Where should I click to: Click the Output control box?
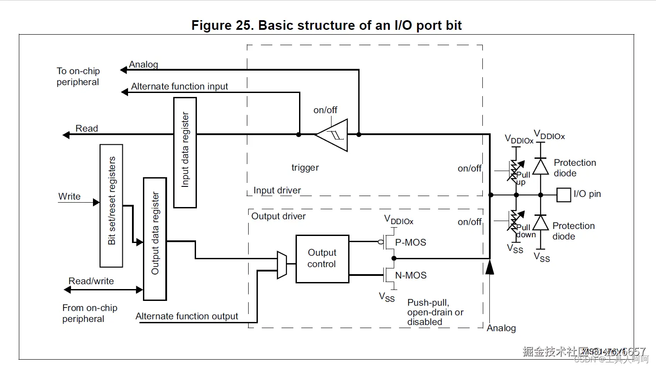click(322, 259)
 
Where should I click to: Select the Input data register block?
click(185, 152)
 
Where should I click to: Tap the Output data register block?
click(155, 239)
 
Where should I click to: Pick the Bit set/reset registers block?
click(111, 206)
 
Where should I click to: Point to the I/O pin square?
click(563, 195)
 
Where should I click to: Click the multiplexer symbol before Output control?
click(282, 265)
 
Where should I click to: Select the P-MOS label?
click(410, 243)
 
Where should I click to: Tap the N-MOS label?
click(411, 275)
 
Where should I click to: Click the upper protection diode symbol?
click(541, 167)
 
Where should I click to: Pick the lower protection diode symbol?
click(541, 223)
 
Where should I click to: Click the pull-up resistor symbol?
click(516, 171)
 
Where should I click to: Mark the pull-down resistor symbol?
click(516, 220)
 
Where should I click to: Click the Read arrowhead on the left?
click(66, 135)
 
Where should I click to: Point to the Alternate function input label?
click(179, 86)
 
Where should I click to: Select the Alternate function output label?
click(187, 316)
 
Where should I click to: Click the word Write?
click(69, 197)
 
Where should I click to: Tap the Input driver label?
click(277, 190)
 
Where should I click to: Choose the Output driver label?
click(278, 216)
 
